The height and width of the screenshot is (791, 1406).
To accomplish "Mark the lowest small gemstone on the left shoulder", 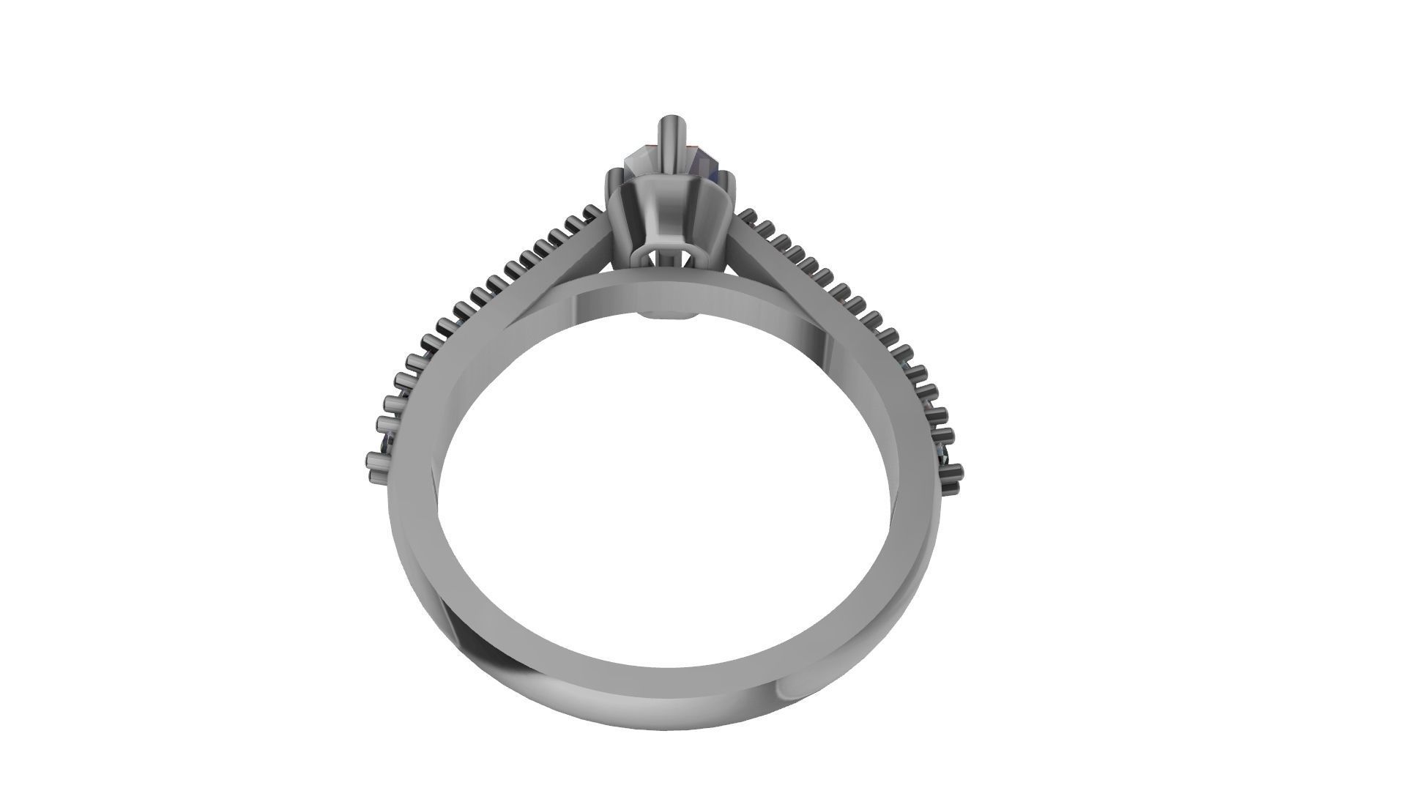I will (x=388, y=444).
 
